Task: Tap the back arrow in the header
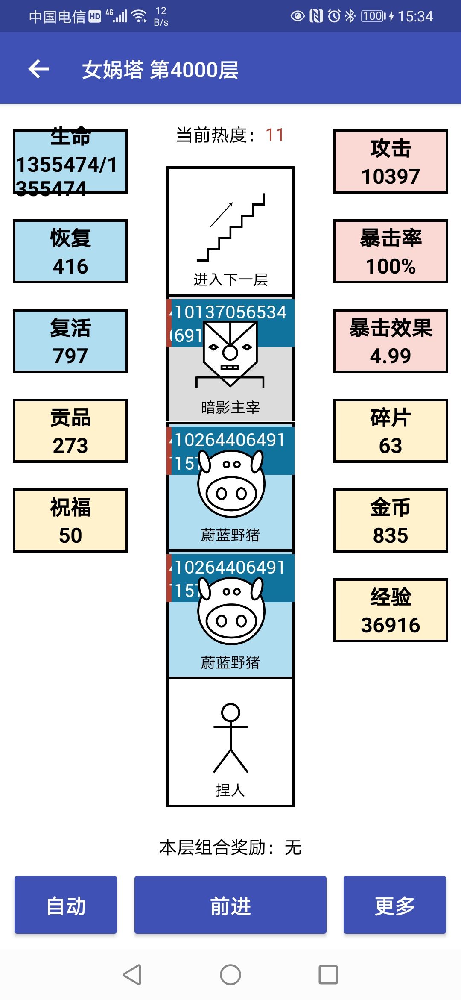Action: (39, 69)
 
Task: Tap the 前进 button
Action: (230, 905)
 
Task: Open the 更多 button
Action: (394, 905)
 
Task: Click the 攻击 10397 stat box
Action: (390, 162)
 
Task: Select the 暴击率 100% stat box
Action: (390, 251)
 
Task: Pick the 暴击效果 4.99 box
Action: (390, 341)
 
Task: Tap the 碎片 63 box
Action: (390, 431)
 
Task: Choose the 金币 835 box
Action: (390, 521)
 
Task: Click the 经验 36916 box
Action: (390, 610)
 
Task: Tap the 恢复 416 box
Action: (70, 251)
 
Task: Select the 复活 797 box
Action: (70, 341)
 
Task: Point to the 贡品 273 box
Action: (70, 431)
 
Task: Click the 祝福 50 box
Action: (70, 521)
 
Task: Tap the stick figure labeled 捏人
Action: (230, 737)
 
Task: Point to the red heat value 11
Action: (274, 135)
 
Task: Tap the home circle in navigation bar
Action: (230, 975)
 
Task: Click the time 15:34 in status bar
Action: (415, 16)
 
